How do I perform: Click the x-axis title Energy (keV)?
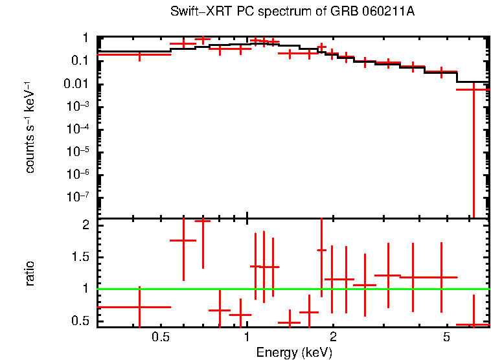294,353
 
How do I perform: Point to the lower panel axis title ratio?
30,274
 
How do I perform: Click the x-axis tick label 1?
247,337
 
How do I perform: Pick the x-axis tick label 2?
333,337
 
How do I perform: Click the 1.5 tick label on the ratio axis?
80,257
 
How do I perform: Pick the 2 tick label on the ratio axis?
85,225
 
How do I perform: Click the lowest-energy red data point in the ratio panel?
139,307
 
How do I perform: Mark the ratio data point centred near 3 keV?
388,275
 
